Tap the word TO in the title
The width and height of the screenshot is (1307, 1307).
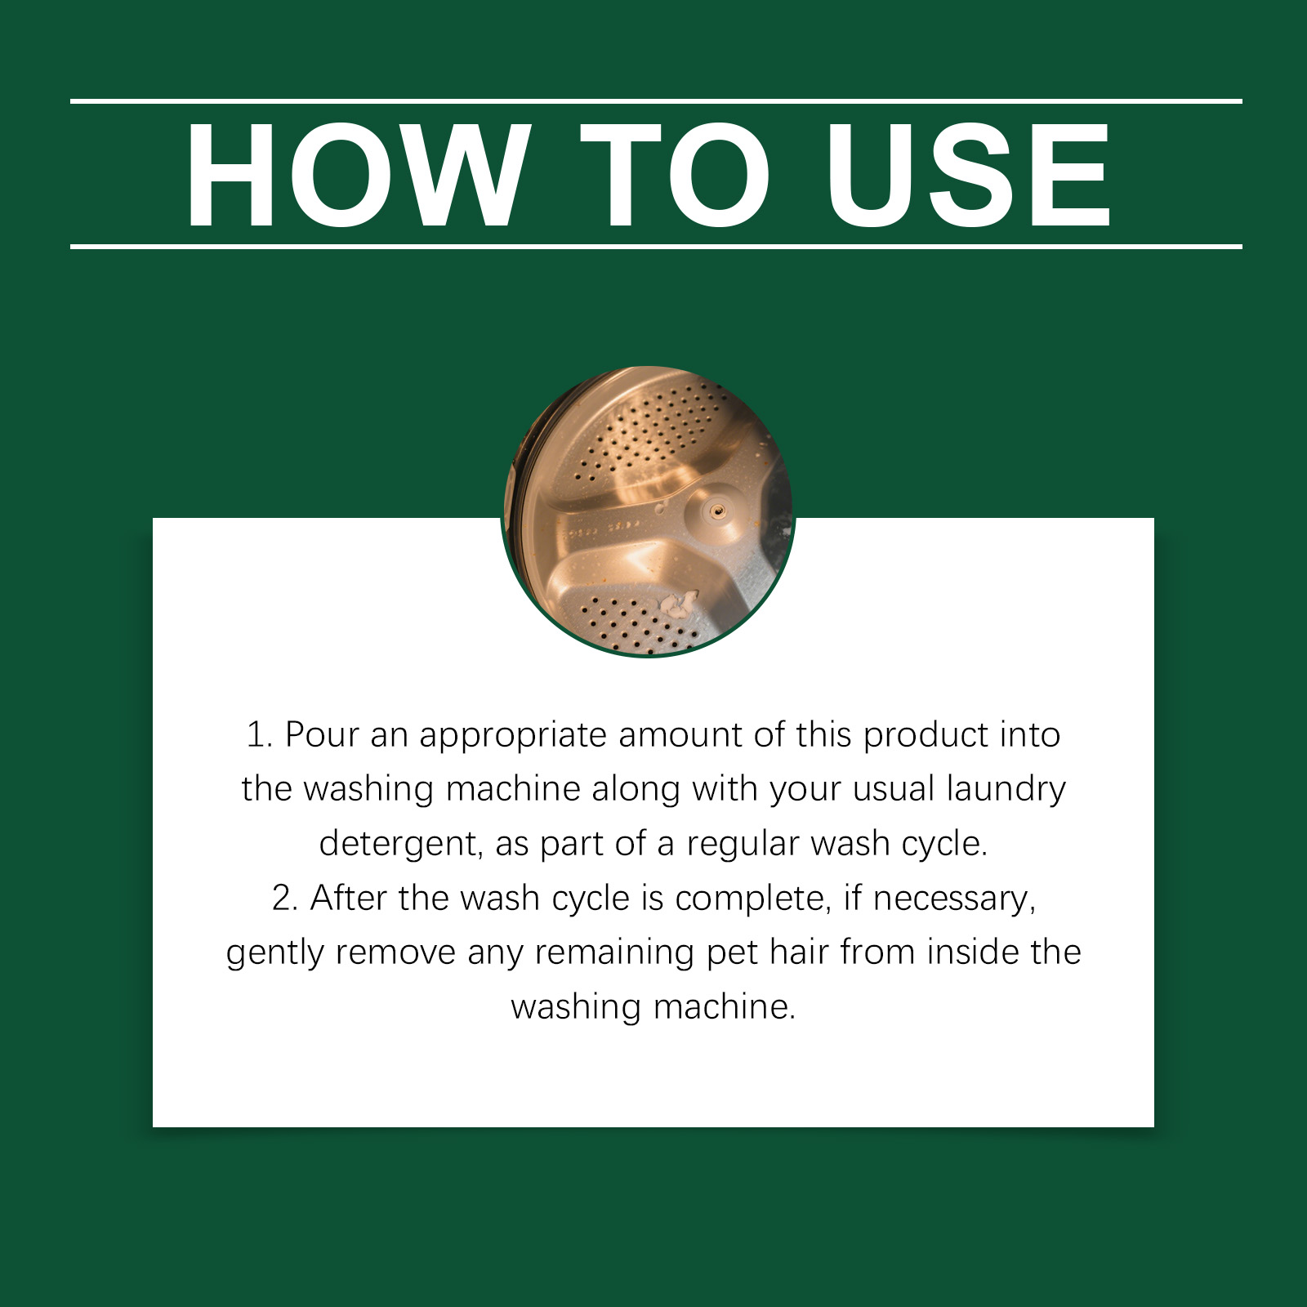676,174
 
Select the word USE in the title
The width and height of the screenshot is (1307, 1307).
968,174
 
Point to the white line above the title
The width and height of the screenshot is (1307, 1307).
656,101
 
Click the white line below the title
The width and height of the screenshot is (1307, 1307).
656,246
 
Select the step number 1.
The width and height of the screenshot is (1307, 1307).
259,735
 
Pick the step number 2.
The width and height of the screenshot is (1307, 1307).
285,899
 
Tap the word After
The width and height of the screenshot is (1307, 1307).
348,898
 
